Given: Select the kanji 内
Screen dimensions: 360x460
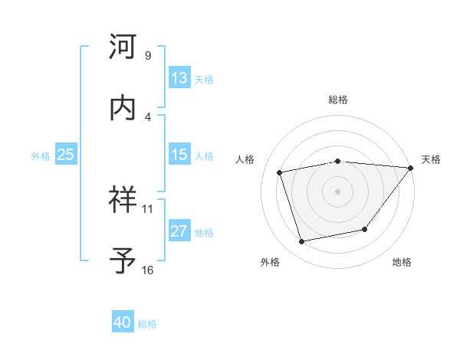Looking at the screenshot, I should tap(123, 107).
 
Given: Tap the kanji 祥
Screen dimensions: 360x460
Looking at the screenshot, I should tap(123, 201).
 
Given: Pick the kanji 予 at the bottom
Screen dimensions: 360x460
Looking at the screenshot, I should tap(123, 260).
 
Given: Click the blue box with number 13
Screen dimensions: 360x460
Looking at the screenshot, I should tap(179, 78).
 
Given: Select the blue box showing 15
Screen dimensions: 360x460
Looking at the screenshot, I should tap(179, 155).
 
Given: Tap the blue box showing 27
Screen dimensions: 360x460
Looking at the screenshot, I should tap(179, 231).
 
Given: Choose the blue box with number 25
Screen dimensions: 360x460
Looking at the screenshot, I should tap(65, 155).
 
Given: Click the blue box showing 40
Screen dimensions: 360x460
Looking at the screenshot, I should tap(123, 323).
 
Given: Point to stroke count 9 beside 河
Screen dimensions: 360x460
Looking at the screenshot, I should tap(148, 56).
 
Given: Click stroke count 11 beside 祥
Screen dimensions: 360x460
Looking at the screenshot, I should tap(148, 208).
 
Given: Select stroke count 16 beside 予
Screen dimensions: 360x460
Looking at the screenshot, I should tap(148, 270).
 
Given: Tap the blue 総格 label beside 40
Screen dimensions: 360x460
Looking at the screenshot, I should tap(147, 324).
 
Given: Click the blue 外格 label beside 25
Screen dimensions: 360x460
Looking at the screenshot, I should tap(41, 155).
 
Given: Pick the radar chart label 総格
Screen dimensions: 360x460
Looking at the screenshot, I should tap(338, 100).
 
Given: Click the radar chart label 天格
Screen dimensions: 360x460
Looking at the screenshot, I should tap(431, 159).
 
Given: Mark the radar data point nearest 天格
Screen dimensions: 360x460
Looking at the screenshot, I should tap(410, 168).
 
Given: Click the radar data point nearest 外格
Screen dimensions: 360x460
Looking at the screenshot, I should tap(301, 242).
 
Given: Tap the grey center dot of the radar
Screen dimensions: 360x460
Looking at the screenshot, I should tap(337, 191).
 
